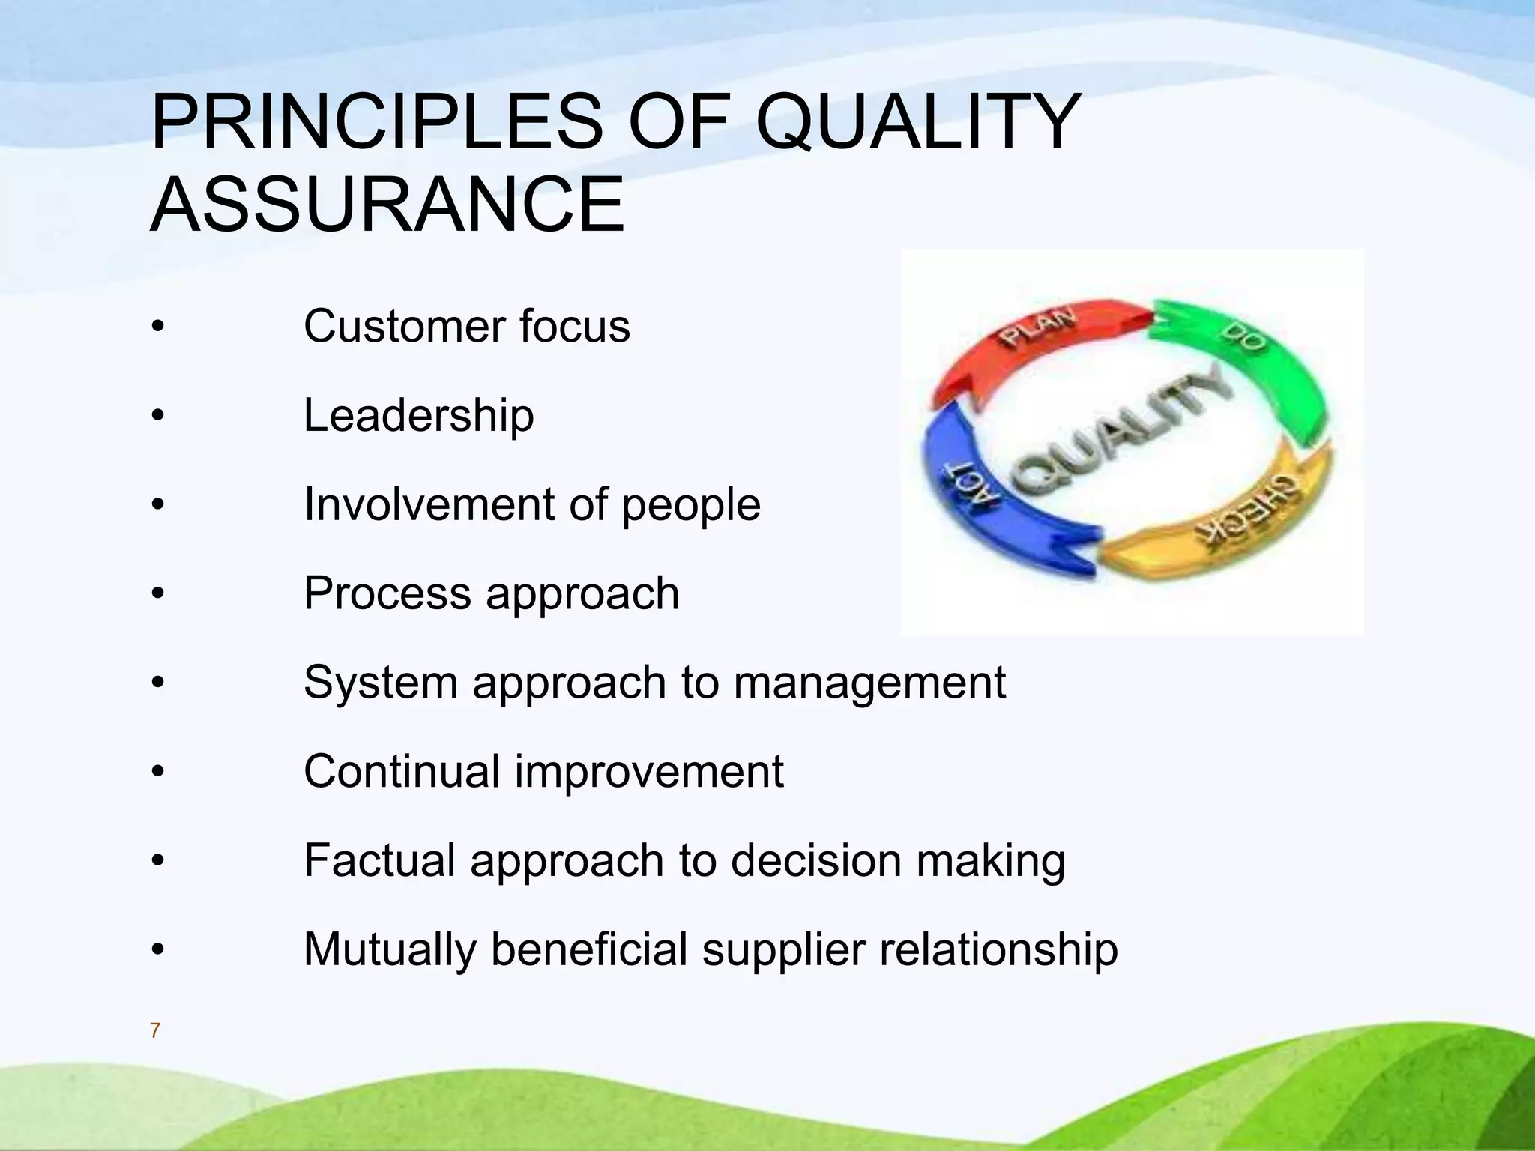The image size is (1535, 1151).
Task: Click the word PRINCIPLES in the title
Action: [x=375, y=122]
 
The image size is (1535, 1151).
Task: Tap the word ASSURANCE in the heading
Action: [x=387, y=205]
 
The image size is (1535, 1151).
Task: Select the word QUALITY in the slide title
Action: [x=918, y=122]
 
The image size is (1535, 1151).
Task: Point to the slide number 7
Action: [x=155, y=1031]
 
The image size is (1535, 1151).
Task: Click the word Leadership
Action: [x=418, y=415]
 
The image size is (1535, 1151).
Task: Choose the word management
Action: [x=869, y=683]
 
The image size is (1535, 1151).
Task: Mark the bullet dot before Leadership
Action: [x=157, y=416]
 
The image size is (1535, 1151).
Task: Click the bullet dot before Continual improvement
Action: [x=157, y=772]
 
